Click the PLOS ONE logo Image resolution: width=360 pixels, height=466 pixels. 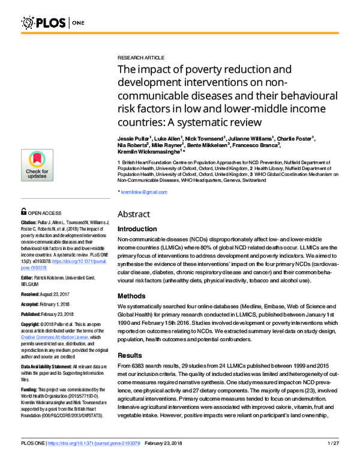pyautogui.click(x=54, y=23)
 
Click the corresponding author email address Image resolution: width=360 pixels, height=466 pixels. pyautogui.click(x=144, y=192)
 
